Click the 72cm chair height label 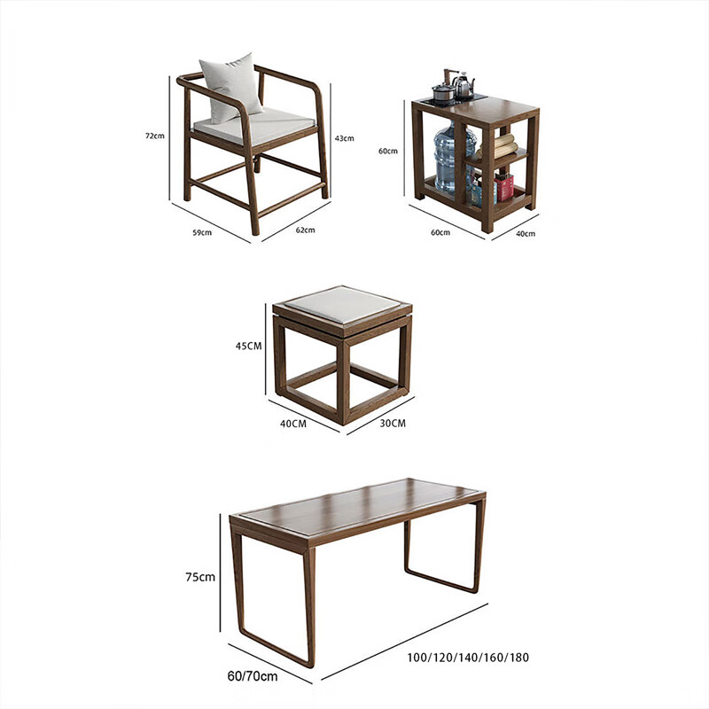click(x=154, y=136)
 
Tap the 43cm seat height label click(x=344, y=138)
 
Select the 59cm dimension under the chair click(x=202, y=232)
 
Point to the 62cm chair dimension click(x=305, y=230)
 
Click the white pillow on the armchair click(x=231, y=87)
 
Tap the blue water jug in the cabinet click(x=454, y=156)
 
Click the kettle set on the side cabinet click(x=454, y=86)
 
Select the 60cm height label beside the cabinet click(x=388, y=151)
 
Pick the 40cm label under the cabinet click(x=526, y=233)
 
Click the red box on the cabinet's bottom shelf click(x=504, y=187)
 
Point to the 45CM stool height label click(x=248, y=346)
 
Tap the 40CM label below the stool click(x=293, y=424)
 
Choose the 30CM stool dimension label click(x=393, y=424)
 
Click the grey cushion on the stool click(x=343, y=304)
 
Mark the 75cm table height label click(x=200, y=577)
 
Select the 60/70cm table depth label click(x=253, y=676)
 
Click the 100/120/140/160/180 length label click(x=468, y=658)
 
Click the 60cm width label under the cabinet click(x=440, y=232)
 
